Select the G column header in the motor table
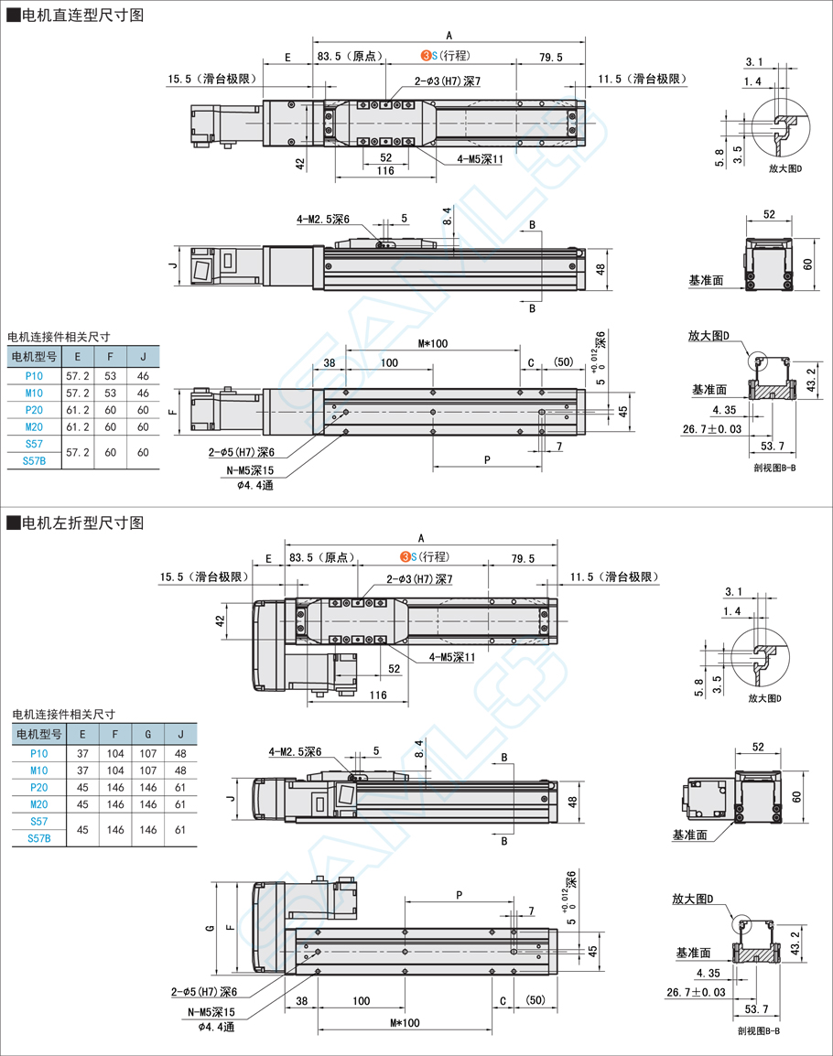pos(149,734)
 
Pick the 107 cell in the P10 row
pos(149,753)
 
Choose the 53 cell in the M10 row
pos(111,393)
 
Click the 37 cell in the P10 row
pos(82,753)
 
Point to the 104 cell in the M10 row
pos(115,770)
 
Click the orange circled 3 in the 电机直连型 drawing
pos(426,57)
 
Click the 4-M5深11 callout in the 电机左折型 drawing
pos(452,657)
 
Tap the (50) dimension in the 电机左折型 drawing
pos(535,1001)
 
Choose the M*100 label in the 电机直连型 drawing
pos(432,344)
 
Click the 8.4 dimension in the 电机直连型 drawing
pos(447,217)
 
